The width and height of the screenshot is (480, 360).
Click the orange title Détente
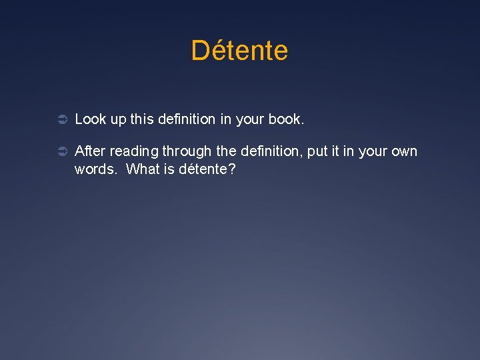point(239,51)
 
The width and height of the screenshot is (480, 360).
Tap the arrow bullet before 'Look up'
point(59,120)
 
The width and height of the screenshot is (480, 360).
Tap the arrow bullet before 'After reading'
point(59,152)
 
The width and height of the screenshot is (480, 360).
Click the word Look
point(89,119)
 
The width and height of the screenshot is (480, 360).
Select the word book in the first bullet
point(285,119)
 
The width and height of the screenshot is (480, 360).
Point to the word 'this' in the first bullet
point(141,119)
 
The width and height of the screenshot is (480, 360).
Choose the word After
point(91,151)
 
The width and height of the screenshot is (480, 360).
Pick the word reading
point(136,152)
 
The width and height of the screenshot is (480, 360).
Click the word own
point(403,151)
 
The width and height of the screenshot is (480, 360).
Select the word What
point(141,169)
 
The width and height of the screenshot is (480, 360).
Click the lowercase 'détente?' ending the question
point(207,169)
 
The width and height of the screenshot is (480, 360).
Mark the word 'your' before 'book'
point(250,121)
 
